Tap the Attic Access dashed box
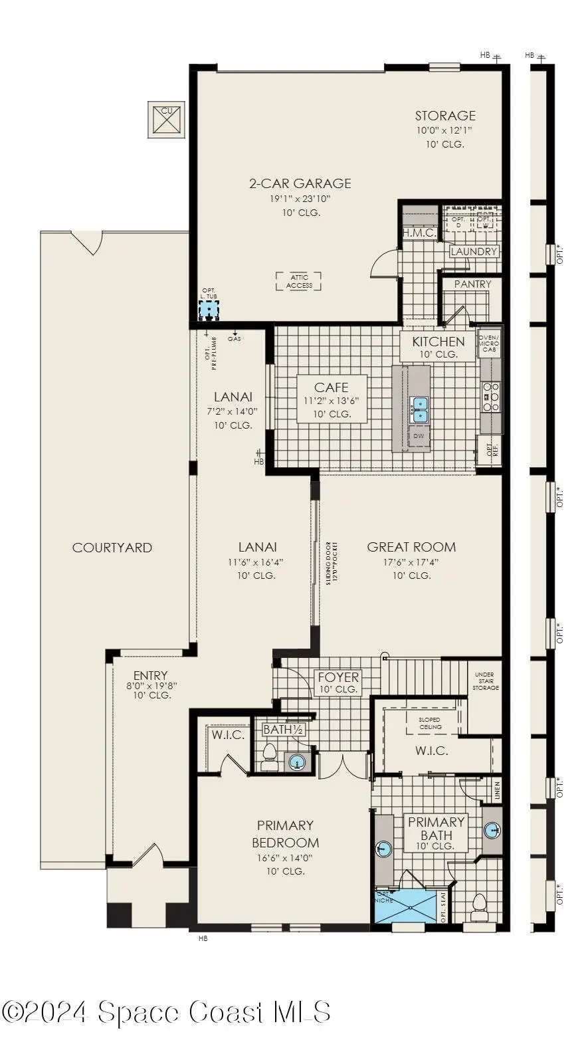[298, 281]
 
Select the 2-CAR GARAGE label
[300, 183]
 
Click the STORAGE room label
[445, 116]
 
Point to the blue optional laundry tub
[209, 310]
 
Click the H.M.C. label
[419, 233]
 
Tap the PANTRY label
[472, 284]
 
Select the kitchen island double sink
[419, 409]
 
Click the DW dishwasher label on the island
[419, 436]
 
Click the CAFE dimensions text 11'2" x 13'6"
[331, 401]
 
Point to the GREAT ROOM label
[411, 547]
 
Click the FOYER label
[338, 677]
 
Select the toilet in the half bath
[270, 756]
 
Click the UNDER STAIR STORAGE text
[485, 681]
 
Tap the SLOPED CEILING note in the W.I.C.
[430, 723]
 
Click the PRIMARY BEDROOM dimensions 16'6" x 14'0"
[285, 858]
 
